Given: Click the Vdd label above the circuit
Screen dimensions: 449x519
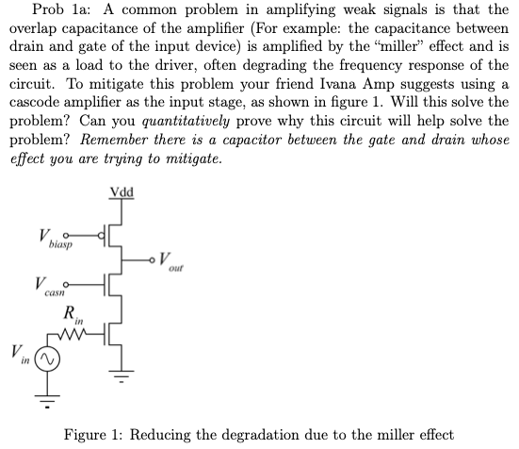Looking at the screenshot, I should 122,194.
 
